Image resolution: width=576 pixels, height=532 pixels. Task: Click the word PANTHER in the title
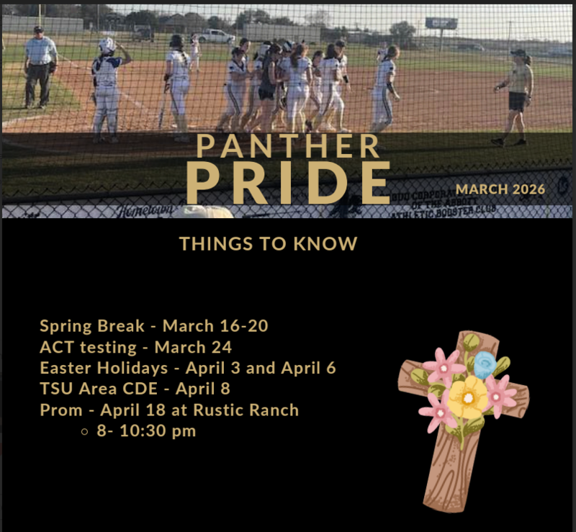point(288,145)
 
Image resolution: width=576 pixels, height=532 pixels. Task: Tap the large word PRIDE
point(288,183)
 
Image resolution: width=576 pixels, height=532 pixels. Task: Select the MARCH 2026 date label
point(500,189)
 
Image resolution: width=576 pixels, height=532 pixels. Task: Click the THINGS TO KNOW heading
point(268,243)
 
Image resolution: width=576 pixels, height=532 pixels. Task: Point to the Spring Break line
point(153,325)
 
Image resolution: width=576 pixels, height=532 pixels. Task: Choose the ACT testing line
point(135,347)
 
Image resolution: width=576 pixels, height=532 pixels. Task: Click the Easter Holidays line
point(187,368)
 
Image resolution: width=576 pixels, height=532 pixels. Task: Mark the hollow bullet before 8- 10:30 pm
point(85,432)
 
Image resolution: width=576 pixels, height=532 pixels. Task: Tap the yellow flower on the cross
point(468,398)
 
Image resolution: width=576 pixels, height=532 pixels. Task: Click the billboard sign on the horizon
point(441,23)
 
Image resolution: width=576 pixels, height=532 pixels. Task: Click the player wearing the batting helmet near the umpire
point(107,86)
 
